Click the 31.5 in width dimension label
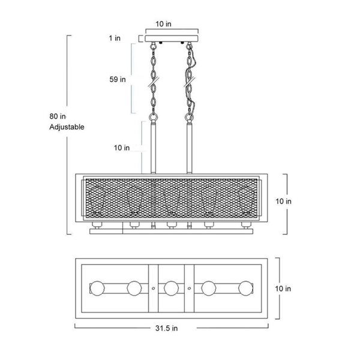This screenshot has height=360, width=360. [166, 328]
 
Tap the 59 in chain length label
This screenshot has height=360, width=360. [118, 79]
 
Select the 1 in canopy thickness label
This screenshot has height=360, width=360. [115, 38]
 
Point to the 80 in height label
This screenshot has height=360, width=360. [58, 116]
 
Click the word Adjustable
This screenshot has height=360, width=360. [67, 127]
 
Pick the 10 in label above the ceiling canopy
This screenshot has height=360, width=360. [163, 24]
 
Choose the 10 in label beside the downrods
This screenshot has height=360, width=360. [122, 148]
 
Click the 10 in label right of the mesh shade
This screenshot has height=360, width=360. [284, 202]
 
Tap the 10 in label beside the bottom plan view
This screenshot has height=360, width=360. [283, 289]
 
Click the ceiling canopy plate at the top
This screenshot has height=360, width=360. [172, 38]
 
